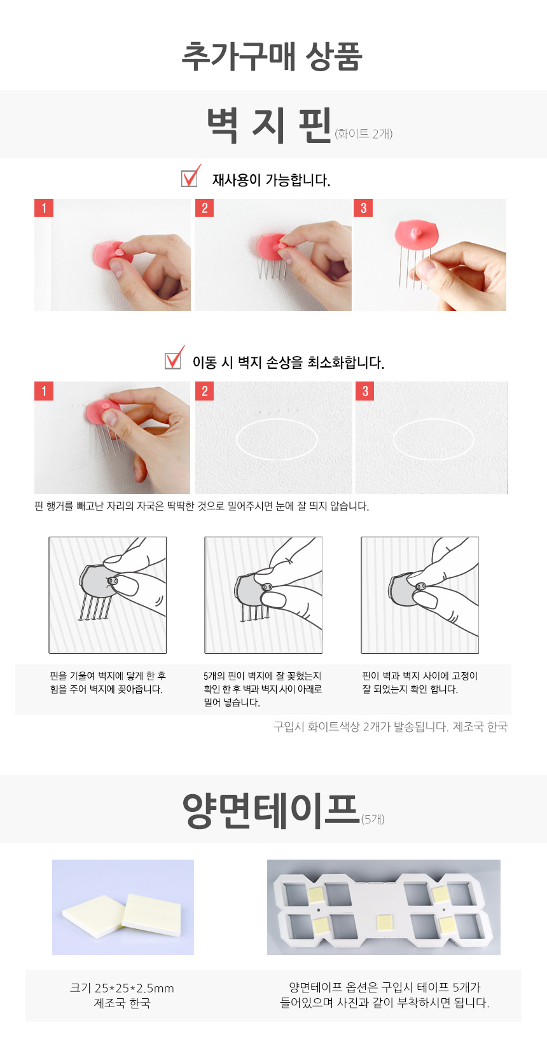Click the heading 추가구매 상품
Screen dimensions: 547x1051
272,57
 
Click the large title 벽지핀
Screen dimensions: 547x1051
269,125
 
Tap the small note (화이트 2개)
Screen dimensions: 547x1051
363,134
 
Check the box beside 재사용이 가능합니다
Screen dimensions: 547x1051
189,178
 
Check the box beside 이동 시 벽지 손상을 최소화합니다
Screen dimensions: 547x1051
173,361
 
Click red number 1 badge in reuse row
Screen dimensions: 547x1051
44,208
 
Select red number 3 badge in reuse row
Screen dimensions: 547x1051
363,208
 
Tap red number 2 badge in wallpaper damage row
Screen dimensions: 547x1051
204,391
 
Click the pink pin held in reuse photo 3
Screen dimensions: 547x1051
416,235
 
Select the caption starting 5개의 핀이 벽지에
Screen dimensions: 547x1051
263,689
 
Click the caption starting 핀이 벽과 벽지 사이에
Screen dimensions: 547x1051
419,683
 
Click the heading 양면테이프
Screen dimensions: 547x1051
271,811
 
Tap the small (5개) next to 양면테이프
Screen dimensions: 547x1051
373,819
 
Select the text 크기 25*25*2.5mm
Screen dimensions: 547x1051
122,988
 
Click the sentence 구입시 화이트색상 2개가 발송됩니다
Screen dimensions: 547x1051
361,727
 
